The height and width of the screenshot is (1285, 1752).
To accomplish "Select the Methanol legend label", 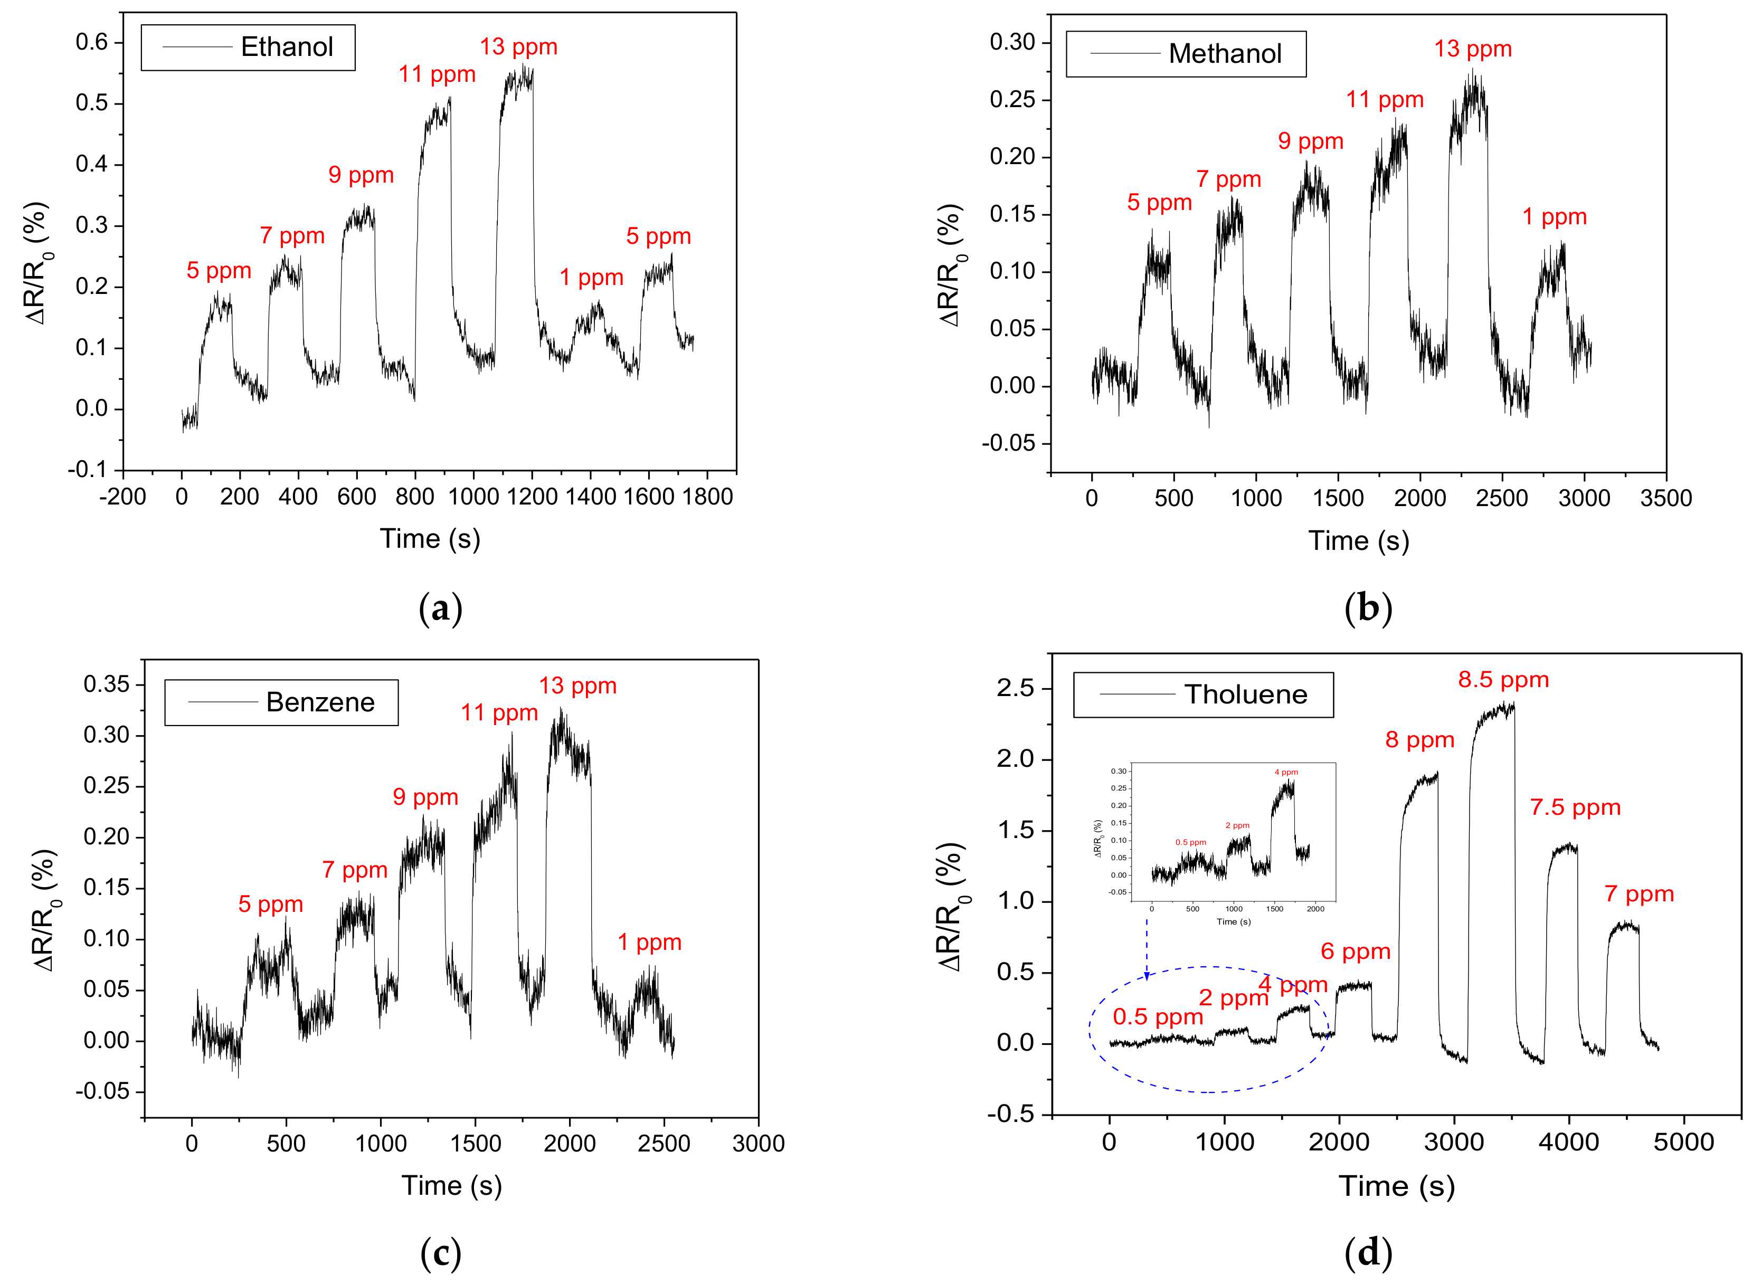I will [1225, 54].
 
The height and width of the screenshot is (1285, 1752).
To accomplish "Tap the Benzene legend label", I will [320, 702].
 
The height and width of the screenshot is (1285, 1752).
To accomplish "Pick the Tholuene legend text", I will [1246, 694].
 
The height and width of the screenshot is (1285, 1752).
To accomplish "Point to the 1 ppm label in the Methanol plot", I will [1554, 217].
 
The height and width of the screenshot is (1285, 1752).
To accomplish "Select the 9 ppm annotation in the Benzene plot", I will [425, 797].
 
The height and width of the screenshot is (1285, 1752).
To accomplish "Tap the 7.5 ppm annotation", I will [1575, 807].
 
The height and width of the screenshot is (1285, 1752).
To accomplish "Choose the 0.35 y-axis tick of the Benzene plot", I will [107, 684].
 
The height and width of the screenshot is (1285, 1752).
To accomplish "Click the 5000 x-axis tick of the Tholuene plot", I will [1683, 1142].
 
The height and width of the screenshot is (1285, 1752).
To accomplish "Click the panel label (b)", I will [1368, 607].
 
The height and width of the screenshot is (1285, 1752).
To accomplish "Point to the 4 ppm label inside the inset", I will [1285, 773].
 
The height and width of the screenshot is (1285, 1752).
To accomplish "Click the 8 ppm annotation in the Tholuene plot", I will [1419, 740].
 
